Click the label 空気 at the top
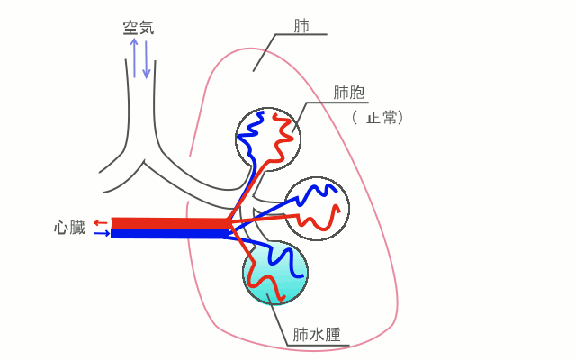click(x=139, y=28)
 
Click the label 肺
click(x=302, y=25)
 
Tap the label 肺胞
click(x=348, y=92)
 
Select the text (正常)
click(x=376, y=117)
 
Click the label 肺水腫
click(x=316, y=335)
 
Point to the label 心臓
click(x=69, y=228)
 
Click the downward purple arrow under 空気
click(x=146, y=59)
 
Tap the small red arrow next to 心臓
click(x=101, y=222)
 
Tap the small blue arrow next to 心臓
click(x=102, y=234)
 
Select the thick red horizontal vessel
click(x=166, y=222)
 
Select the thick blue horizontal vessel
click(x=166, y=234)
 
